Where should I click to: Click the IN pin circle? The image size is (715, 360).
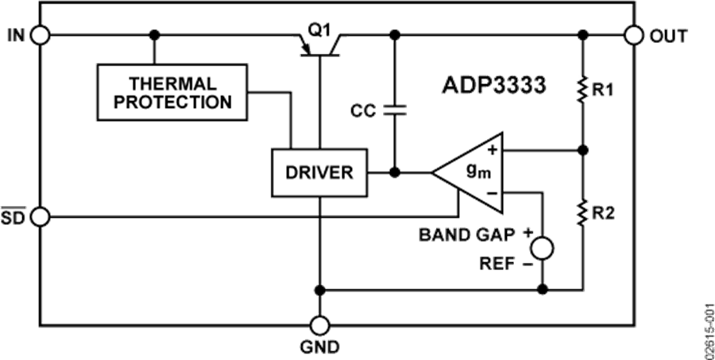41,35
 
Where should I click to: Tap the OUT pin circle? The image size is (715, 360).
634,35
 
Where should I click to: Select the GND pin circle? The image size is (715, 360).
319,326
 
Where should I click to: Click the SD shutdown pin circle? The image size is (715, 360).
41,217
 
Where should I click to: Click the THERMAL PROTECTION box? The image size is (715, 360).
172,92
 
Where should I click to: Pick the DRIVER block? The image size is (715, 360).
319,172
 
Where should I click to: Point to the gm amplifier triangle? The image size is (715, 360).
468,173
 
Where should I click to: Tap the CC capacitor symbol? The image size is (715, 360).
395,110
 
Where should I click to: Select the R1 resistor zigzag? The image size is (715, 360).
582,91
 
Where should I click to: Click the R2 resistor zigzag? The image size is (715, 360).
582,213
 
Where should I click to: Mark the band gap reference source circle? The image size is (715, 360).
542,249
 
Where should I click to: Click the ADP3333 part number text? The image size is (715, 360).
493,86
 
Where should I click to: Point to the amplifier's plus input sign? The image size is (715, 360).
492,149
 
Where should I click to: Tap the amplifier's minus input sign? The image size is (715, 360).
492,193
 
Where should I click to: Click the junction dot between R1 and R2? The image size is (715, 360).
582,149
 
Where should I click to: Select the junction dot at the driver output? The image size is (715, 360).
395,172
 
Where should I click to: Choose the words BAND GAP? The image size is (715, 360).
467,235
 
